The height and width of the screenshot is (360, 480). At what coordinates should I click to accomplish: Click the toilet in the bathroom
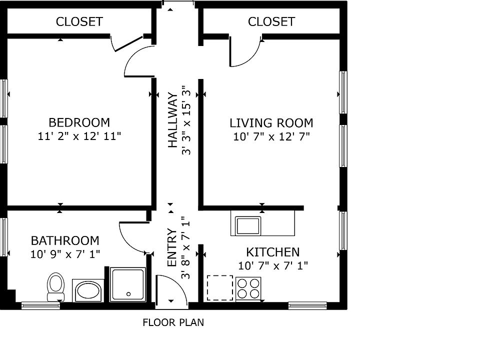point(55,287)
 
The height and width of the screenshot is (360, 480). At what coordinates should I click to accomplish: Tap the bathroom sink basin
point(88,290)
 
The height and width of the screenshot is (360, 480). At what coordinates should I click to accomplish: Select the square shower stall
point(127,284)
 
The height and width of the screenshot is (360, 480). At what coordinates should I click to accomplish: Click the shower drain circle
point(128,294)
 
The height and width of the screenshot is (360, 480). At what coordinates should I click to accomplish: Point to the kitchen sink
point(248,225)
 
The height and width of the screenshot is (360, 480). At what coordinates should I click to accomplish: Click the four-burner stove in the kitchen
point(248,288)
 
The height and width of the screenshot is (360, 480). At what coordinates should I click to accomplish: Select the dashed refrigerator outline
point(220,288)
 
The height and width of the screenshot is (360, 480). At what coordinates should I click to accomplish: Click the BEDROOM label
point(79,123)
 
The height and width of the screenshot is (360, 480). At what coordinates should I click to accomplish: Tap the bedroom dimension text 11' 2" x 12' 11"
point(79,136)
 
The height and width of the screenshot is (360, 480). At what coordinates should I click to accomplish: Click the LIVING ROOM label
point(271,123)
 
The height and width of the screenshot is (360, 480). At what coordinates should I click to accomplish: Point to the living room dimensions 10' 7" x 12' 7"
point(271,136)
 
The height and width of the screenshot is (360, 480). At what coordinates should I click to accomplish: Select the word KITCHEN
point(273,252)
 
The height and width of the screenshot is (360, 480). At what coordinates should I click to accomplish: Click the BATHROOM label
point(65,240)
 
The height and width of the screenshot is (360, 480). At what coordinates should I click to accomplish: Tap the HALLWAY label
point(173,120)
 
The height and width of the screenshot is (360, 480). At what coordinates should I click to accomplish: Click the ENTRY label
point(172,247)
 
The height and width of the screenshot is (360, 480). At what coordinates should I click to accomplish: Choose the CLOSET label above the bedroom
point(79,21)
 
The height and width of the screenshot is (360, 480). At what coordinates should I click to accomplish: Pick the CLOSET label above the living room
point(271,21)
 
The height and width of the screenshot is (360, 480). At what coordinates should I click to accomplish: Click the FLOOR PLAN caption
point(173,322)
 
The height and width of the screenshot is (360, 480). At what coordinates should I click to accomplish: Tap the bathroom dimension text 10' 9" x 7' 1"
point(65,254)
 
